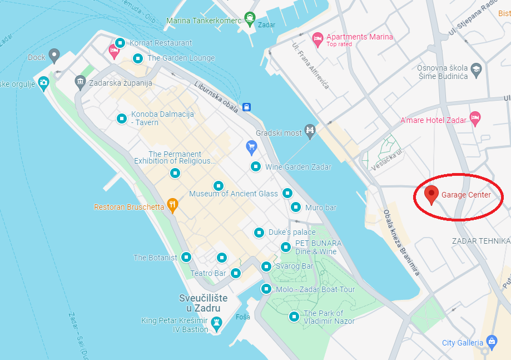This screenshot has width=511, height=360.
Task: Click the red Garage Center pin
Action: click(x=431, y=194)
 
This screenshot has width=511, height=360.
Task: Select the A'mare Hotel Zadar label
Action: click(x=434, y=120)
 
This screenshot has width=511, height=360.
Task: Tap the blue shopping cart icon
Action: click(x=251, y=147)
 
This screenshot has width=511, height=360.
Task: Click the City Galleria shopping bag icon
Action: click(x=491, y=341)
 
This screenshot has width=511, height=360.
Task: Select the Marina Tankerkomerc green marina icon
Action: click(x=250, y=18)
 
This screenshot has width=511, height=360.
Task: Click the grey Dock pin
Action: click(x=54, y=55)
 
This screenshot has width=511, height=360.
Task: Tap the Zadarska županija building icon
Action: click(x=81, y=82)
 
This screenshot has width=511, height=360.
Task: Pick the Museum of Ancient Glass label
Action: click(x=234, y=194)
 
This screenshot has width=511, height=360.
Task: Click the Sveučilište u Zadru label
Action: click(x=204, y=303)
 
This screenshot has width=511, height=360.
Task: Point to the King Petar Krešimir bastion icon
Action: click(x=217, y=322)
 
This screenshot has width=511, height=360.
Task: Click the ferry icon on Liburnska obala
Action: click(x=246, y=107)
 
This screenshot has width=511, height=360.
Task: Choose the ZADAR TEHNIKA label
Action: click(x=480, y=241)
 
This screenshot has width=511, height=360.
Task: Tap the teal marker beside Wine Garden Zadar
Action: click(x=256, y=166)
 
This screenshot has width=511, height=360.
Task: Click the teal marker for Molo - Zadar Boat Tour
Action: click(x=266, y=289)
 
